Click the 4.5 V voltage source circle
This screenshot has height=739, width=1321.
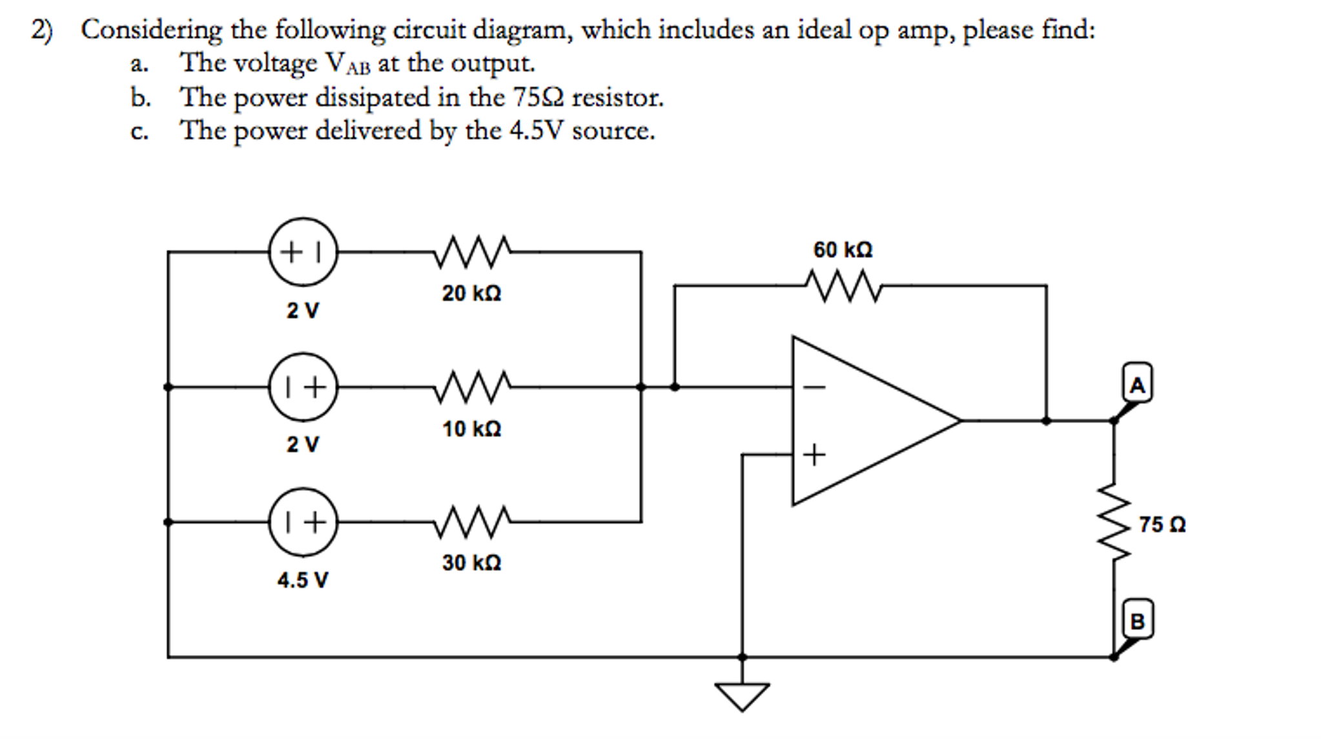[303, 521]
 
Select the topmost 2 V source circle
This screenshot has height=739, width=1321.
[303, 251]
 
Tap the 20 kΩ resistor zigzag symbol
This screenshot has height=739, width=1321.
[472, 252]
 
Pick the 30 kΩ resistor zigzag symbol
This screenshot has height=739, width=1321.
[472, 522]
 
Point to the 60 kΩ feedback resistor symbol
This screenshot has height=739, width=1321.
[843, 286]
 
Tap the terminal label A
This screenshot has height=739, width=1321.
[1137, 384]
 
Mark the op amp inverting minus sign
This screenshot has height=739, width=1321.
[814, 388]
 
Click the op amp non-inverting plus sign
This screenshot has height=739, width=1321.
[814, 455]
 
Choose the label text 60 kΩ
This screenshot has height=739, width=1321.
[843, 250]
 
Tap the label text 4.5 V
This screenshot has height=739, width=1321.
[302, 580]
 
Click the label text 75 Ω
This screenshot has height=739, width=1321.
[1162, 524]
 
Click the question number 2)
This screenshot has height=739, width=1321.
[42, 30]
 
